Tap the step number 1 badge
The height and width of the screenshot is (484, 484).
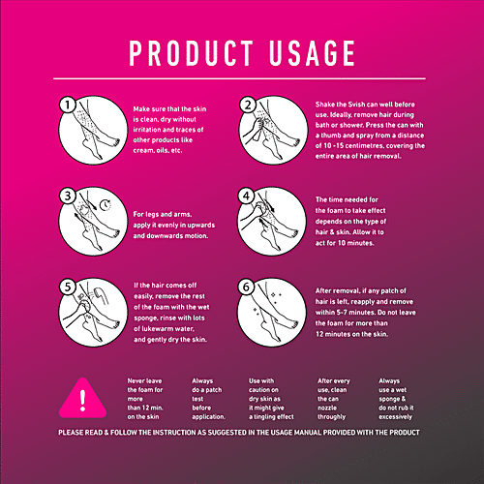67,105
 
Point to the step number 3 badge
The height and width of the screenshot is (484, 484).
67,195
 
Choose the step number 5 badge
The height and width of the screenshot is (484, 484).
67,286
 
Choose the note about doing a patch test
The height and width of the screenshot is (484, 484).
206,396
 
